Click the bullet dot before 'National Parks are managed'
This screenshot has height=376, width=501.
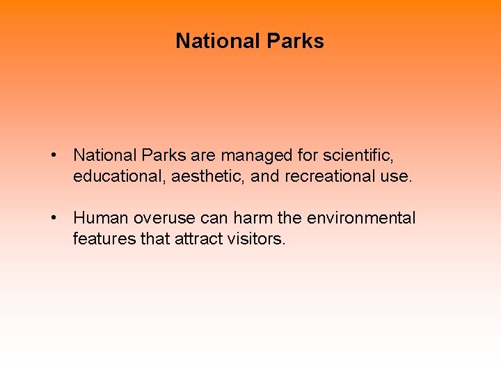(54, 155)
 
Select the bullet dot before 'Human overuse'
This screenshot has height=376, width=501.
(54, 219)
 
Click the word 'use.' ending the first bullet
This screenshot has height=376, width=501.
(396, 177)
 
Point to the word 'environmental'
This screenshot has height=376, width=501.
(361, 219)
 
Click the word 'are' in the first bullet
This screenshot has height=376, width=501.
(202, 155)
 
